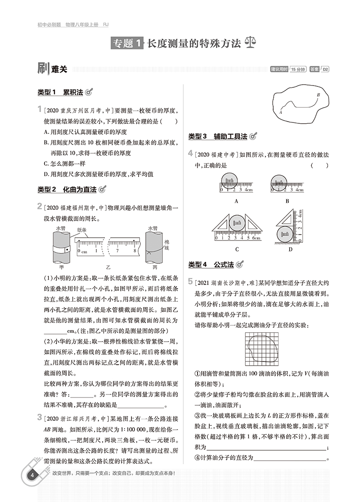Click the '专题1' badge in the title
click(x=126, y=44)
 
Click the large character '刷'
click(x=44, y=68)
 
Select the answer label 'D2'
click(x=325, y=69)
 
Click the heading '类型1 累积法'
click(x=61, y=92)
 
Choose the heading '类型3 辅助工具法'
click(x=218, y=136)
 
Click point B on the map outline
click(x=318, y=95)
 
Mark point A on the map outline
click(x=280, y=112)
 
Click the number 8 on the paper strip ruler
click(x=135, y=250)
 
